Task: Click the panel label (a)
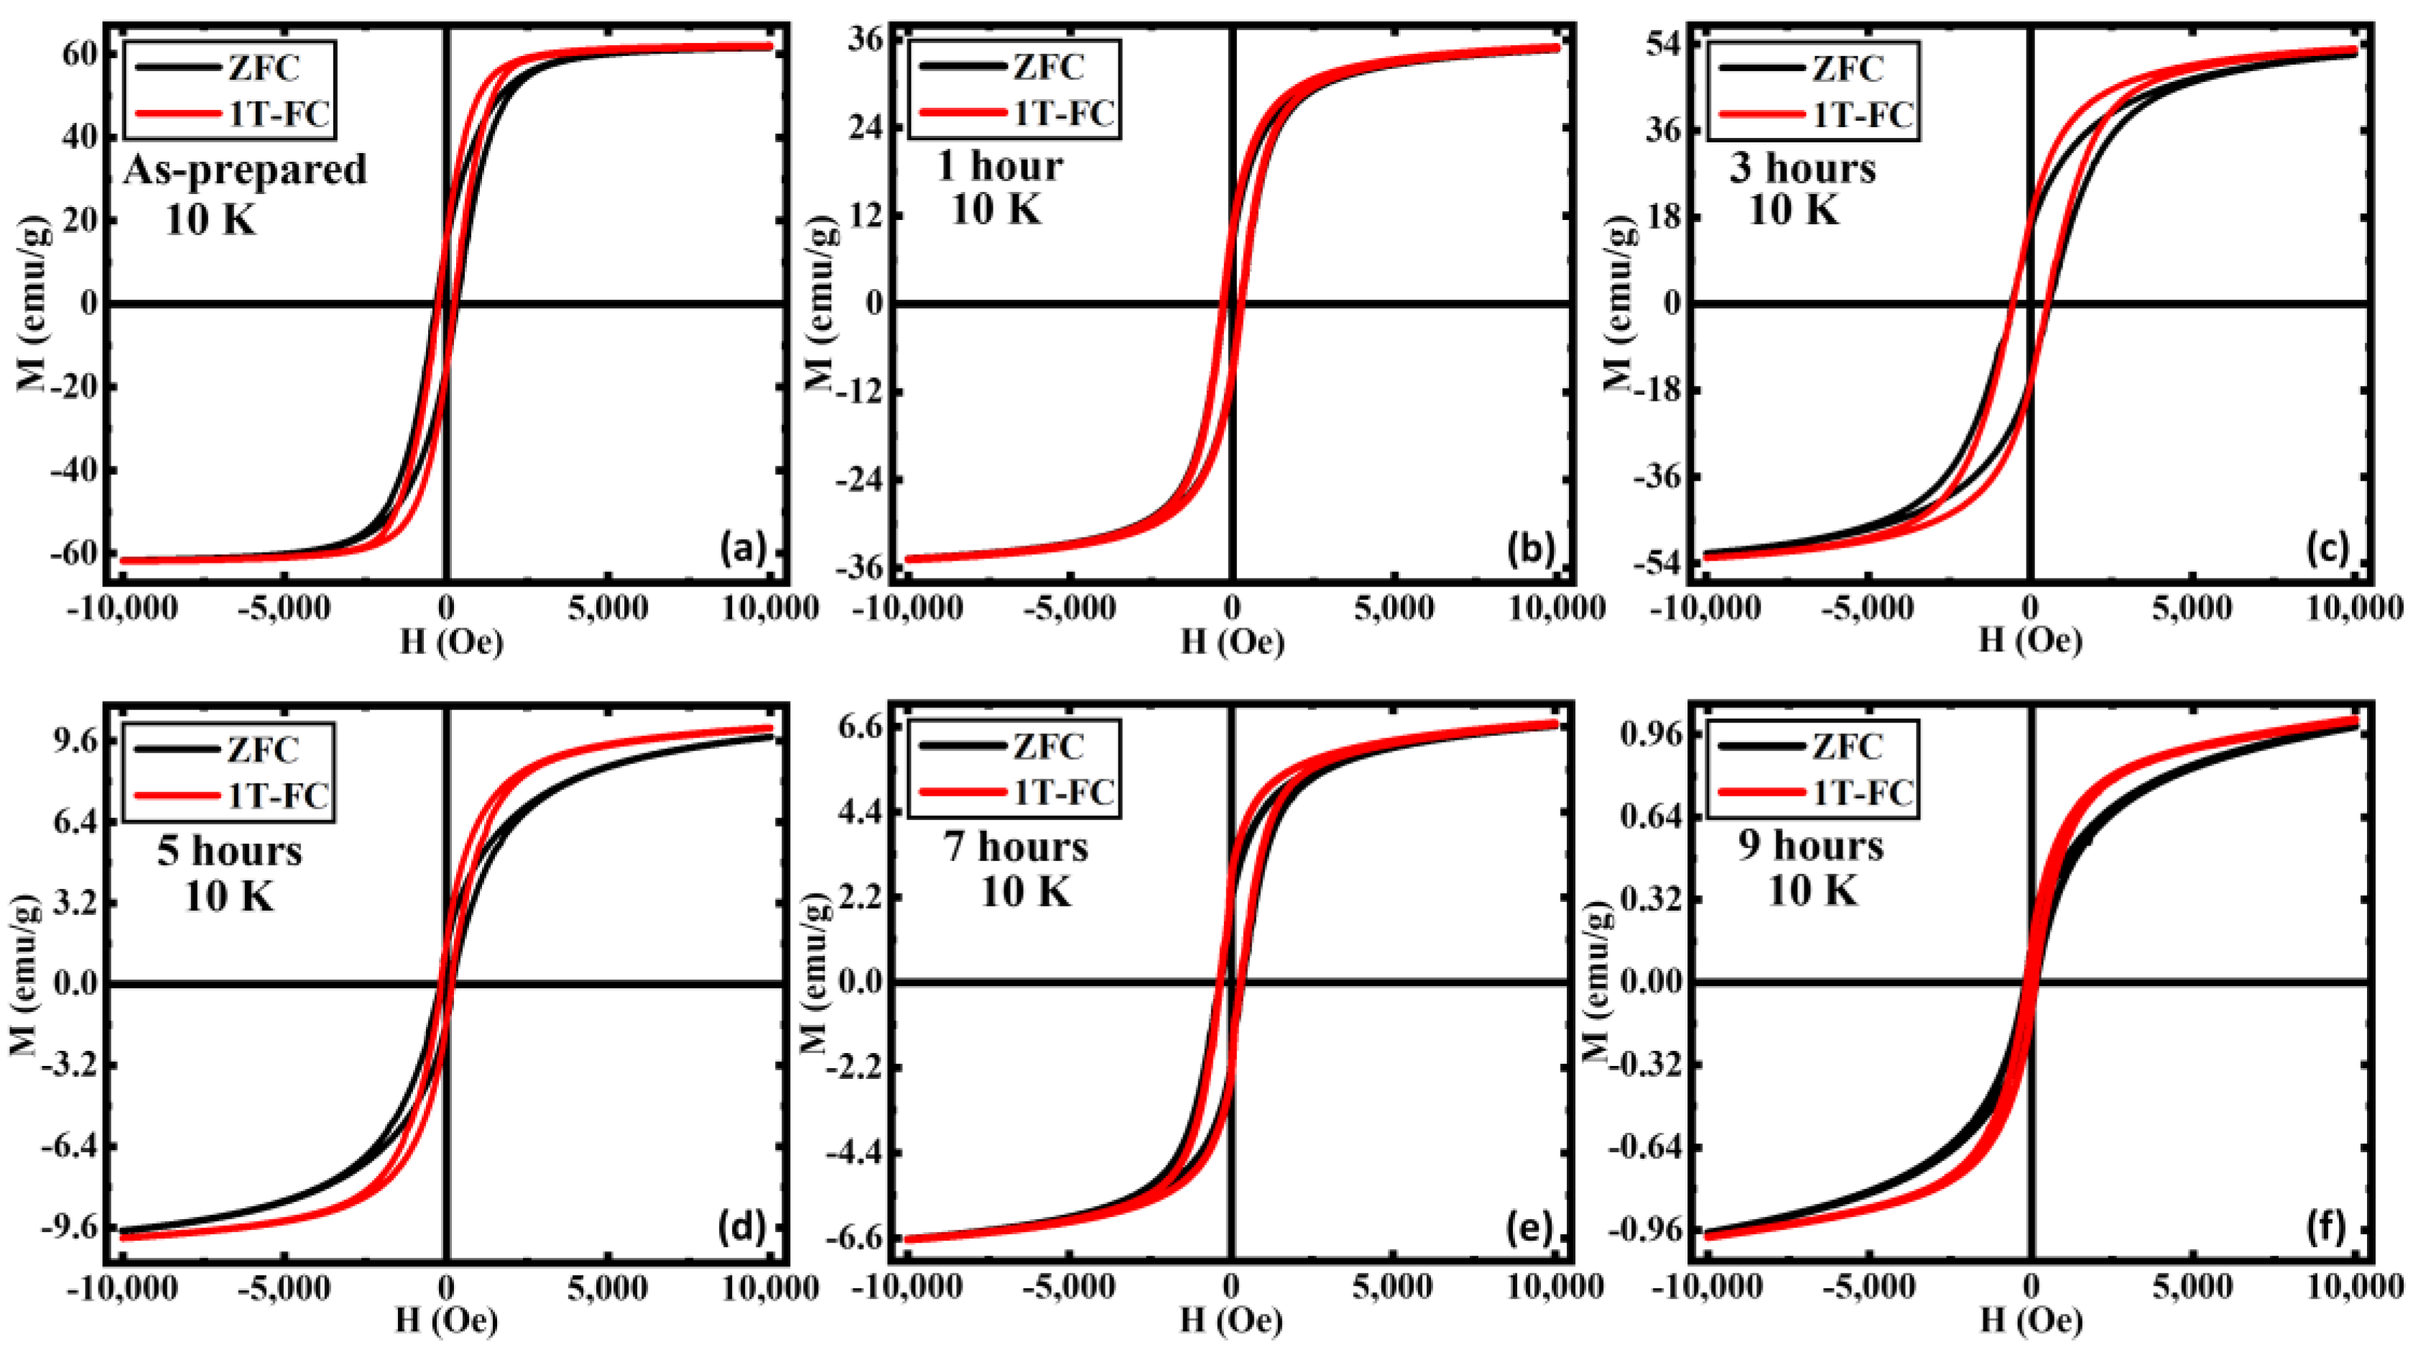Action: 744,548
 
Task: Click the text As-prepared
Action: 246,170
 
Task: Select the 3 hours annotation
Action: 1802,168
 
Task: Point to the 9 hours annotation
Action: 1810,846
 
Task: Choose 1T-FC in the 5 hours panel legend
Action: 278,795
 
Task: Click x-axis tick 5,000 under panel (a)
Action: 608,608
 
